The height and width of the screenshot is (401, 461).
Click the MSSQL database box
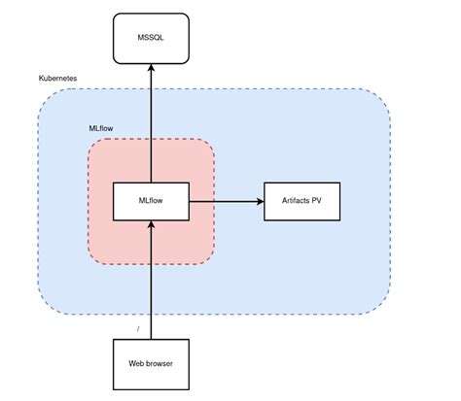[x=151, y=39]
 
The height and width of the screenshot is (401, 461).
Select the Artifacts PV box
[x=301, y=202]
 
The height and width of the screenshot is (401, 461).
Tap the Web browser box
[x=151, y=364]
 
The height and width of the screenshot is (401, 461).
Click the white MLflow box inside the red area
[x=151, y=202]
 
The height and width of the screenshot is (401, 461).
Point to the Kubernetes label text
[x=58, y=78]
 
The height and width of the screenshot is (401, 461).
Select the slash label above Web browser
[x=139, y=329]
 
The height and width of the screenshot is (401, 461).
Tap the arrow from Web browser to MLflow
[x=151, y=282]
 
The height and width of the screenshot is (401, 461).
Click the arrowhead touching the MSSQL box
[x=151, y=68]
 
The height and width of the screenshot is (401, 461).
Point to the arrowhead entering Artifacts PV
[x=260, y=202]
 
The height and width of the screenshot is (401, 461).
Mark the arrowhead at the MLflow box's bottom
[x=151, y=227]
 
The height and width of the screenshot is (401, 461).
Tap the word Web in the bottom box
[x=136, y=364]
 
